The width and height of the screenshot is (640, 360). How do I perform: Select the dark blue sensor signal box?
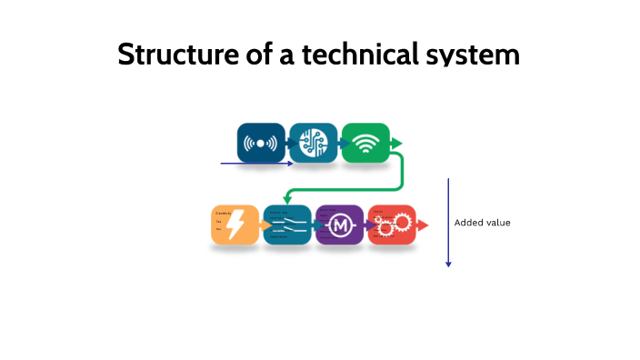(261, 143)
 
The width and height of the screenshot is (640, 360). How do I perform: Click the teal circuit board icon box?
(313, 143)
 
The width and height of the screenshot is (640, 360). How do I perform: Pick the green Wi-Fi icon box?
(365, 143)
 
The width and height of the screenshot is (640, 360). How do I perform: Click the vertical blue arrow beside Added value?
(448, 223)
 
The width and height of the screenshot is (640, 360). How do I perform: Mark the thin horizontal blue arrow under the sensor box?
(256, 164)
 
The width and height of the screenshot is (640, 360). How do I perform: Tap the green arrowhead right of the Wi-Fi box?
(396, 143)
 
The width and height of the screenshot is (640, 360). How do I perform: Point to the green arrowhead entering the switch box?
(287, 199)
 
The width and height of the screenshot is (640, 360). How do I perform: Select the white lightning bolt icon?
(235, 224)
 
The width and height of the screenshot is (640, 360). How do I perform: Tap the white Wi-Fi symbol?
(365, 144)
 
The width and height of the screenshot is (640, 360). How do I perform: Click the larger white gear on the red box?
(401, 224)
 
